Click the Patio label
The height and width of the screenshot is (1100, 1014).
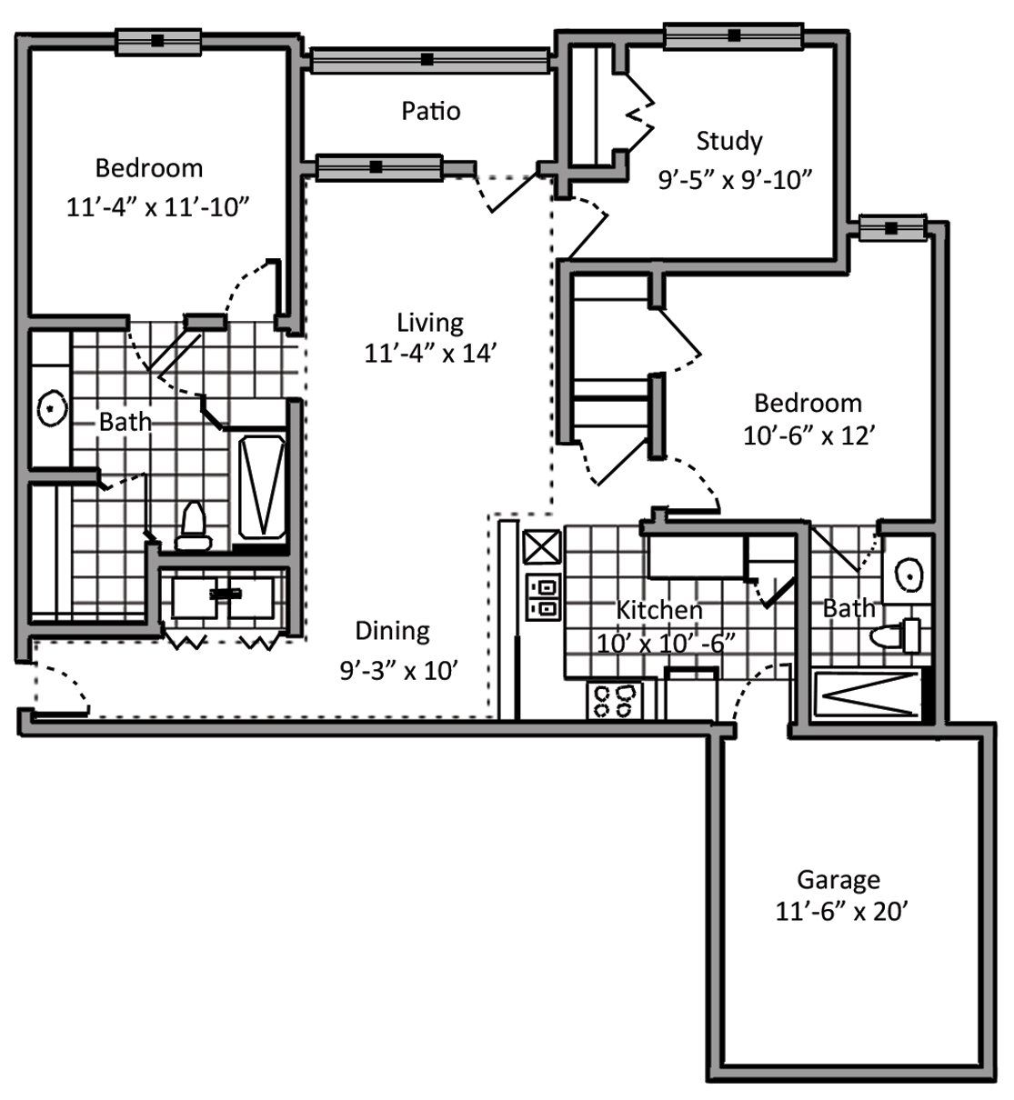(x=431, y=111)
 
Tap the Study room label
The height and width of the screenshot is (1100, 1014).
(x=729, y=142)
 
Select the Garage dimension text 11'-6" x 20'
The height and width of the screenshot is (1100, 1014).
(x=838, y=912)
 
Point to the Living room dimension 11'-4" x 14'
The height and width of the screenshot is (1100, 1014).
(x=430, y=354)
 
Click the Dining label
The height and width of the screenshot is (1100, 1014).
(x=392, y=631)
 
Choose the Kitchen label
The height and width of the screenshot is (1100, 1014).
(x=659, y=610)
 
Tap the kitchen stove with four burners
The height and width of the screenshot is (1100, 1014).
(x=615, y=701)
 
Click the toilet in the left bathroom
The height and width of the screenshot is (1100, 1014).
(x=193, y=526)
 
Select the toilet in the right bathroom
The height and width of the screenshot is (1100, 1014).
(x=895, y=636)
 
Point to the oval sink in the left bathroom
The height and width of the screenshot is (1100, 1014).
(x=52, y=408)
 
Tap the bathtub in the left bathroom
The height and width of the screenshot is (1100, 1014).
(x=262, y=487)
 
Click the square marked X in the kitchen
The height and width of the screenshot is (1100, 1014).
(x=542, y=546)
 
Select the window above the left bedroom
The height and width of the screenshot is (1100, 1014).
(x=158, y=41)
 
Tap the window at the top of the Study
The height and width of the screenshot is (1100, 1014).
(x=734, y=36)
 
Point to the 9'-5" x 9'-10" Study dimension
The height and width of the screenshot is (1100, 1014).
(x=735, y=179)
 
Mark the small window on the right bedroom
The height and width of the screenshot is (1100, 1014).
(x=891, y=227)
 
